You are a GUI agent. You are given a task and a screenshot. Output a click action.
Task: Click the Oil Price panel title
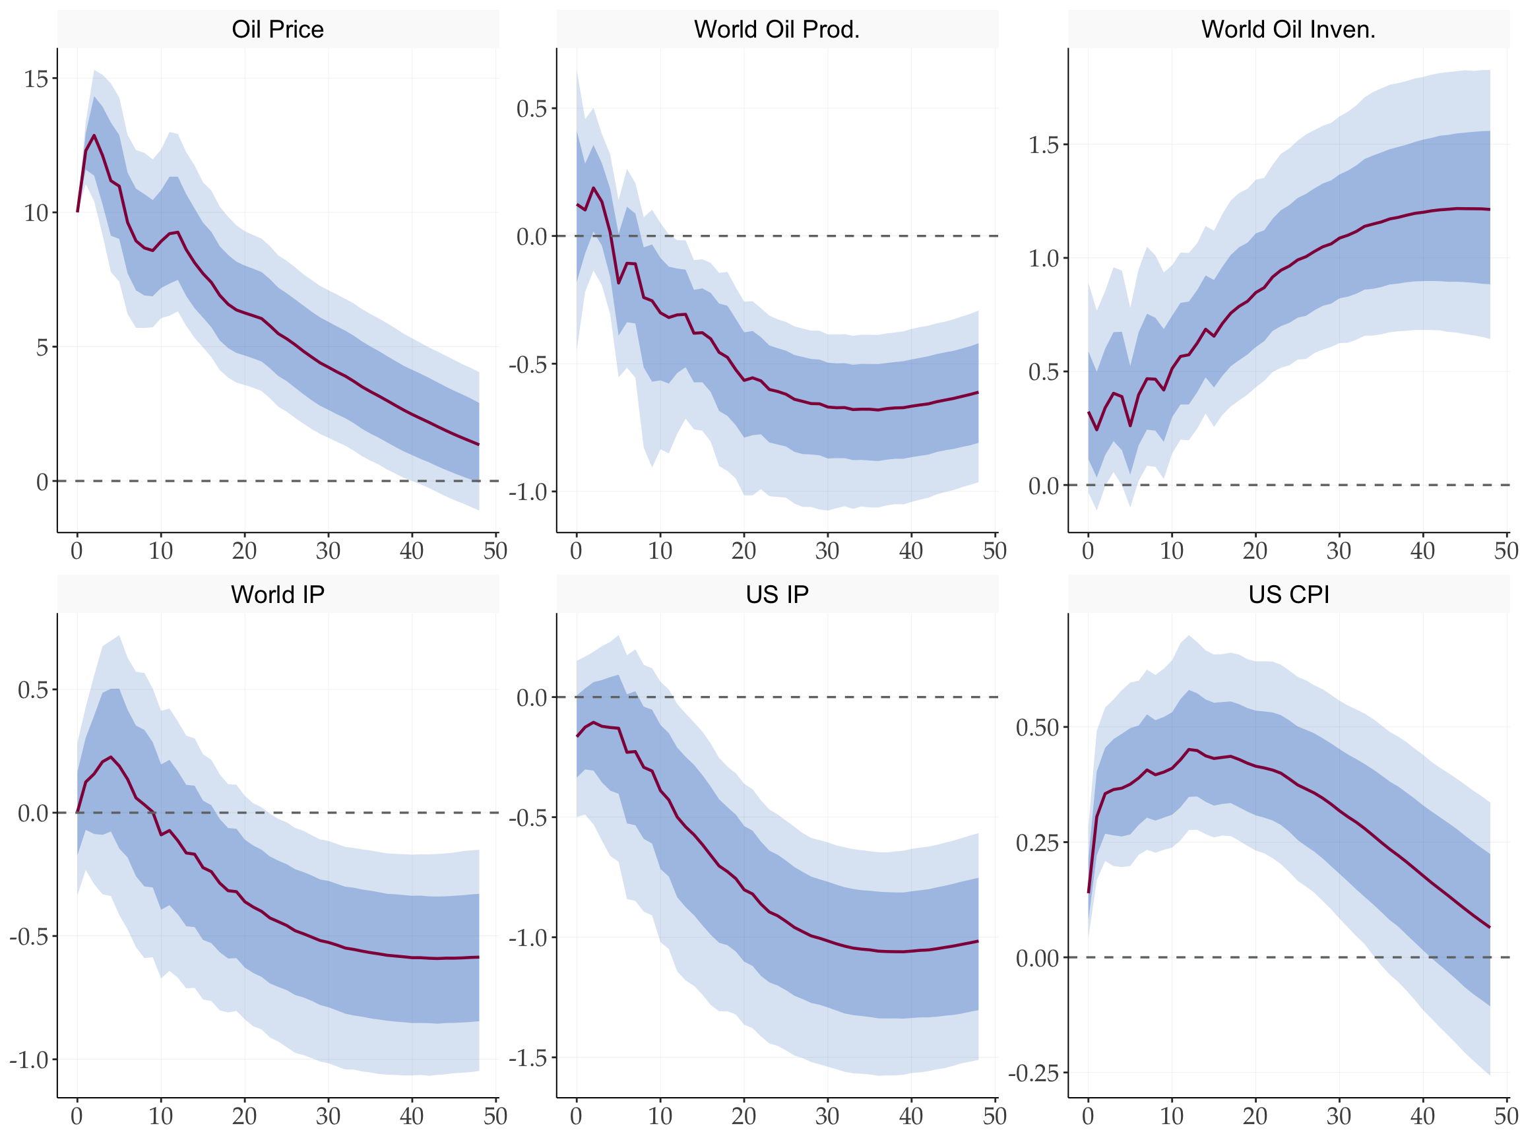pyautogui.click(x=278, y=30)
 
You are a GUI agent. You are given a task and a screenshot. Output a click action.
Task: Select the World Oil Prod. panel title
pyautogui.click(x=776, y=30)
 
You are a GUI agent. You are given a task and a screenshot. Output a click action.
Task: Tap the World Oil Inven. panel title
pyautogui.click(x=1288, y=30)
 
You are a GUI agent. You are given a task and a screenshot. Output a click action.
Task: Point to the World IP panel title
pyautogui.click(x=278, y=594)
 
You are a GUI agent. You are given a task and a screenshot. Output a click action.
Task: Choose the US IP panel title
pyautogui.click(x=776, y=594)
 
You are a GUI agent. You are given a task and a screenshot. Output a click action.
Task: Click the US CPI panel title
pyautogui.click(x=1288, y=594)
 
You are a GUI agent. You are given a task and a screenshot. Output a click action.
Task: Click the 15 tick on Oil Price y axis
pyautogui.click(x=36, y=79)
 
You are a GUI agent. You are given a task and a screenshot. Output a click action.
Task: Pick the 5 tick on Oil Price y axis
pyautogui.click(x=42, y=347)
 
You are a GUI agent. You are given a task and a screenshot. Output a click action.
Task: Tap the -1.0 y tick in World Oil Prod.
pyautogui.click(x=528, y=492)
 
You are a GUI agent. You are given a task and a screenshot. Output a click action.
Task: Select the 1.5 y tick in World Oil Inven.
pyautogui.click(x=1043, y=145)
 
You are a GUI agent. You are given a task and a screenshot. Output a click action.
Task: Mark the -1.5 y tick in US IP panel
pyautogui.click(x=528, y=1058)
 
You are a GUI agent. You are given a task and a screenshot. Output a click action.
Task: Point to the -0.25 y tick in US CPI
pyautogui.click(x=1034, y=1073)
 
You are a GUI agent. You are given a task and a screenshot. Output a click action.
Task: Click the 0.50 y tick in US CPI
pyautogui.click(x=1037, y=728)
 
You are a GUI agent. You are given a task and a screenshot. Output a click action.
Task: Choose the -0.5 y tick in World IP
pyautogui.click(x=28, y=937)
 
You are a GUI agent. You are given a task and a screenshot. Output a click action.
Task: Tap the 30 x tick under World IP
pyautogui.click(x=328, y=1116)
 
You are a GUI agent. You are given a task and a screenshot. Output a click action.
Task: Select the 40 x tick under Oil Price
pyautogui.click(x=412, y=550)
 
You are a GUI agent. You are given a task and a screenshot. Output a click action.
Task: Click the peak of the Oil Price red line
pyautogui.click(x=94, y=135)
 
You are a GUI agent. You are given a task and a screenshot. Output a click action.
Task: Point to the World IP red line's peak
pyautogui.click(x=111, y=757)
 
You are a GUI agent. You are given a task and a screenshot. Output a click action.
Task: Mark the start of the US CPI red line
pyautogui.click(x=1089, y=893)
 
